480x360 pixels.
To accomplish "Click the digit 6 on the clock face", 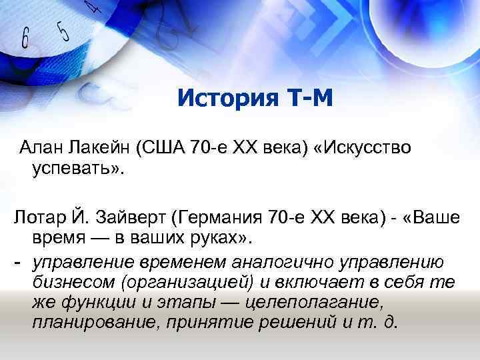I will [x=26, y=39].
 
